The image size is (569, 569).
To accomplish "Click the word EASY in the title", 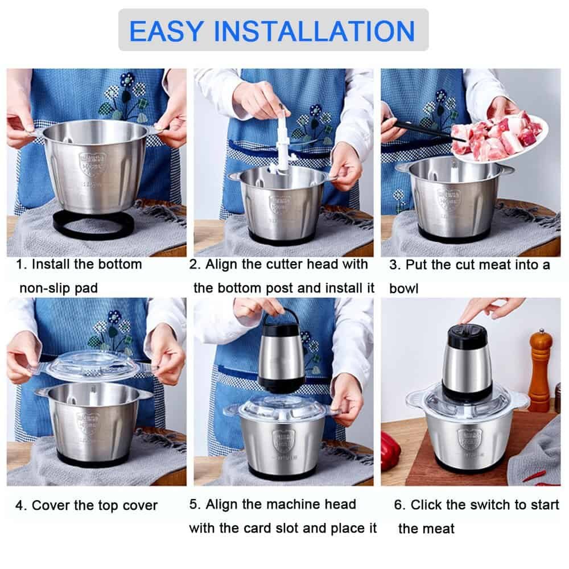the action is tap(166, 31).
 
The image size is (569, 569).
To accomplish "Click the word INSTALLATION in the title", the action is tap(314, 31).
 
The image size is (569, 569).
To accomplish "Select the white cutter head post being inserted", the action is tap(283, 140).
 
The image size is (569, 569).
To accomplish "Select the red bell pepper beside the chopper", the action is tap(390, 446).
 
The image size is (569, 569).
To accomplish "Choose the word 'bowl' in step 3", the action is tap(403, 288).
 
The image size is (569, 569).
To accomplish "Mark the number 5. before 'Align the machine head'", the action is tap(195, 504).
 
